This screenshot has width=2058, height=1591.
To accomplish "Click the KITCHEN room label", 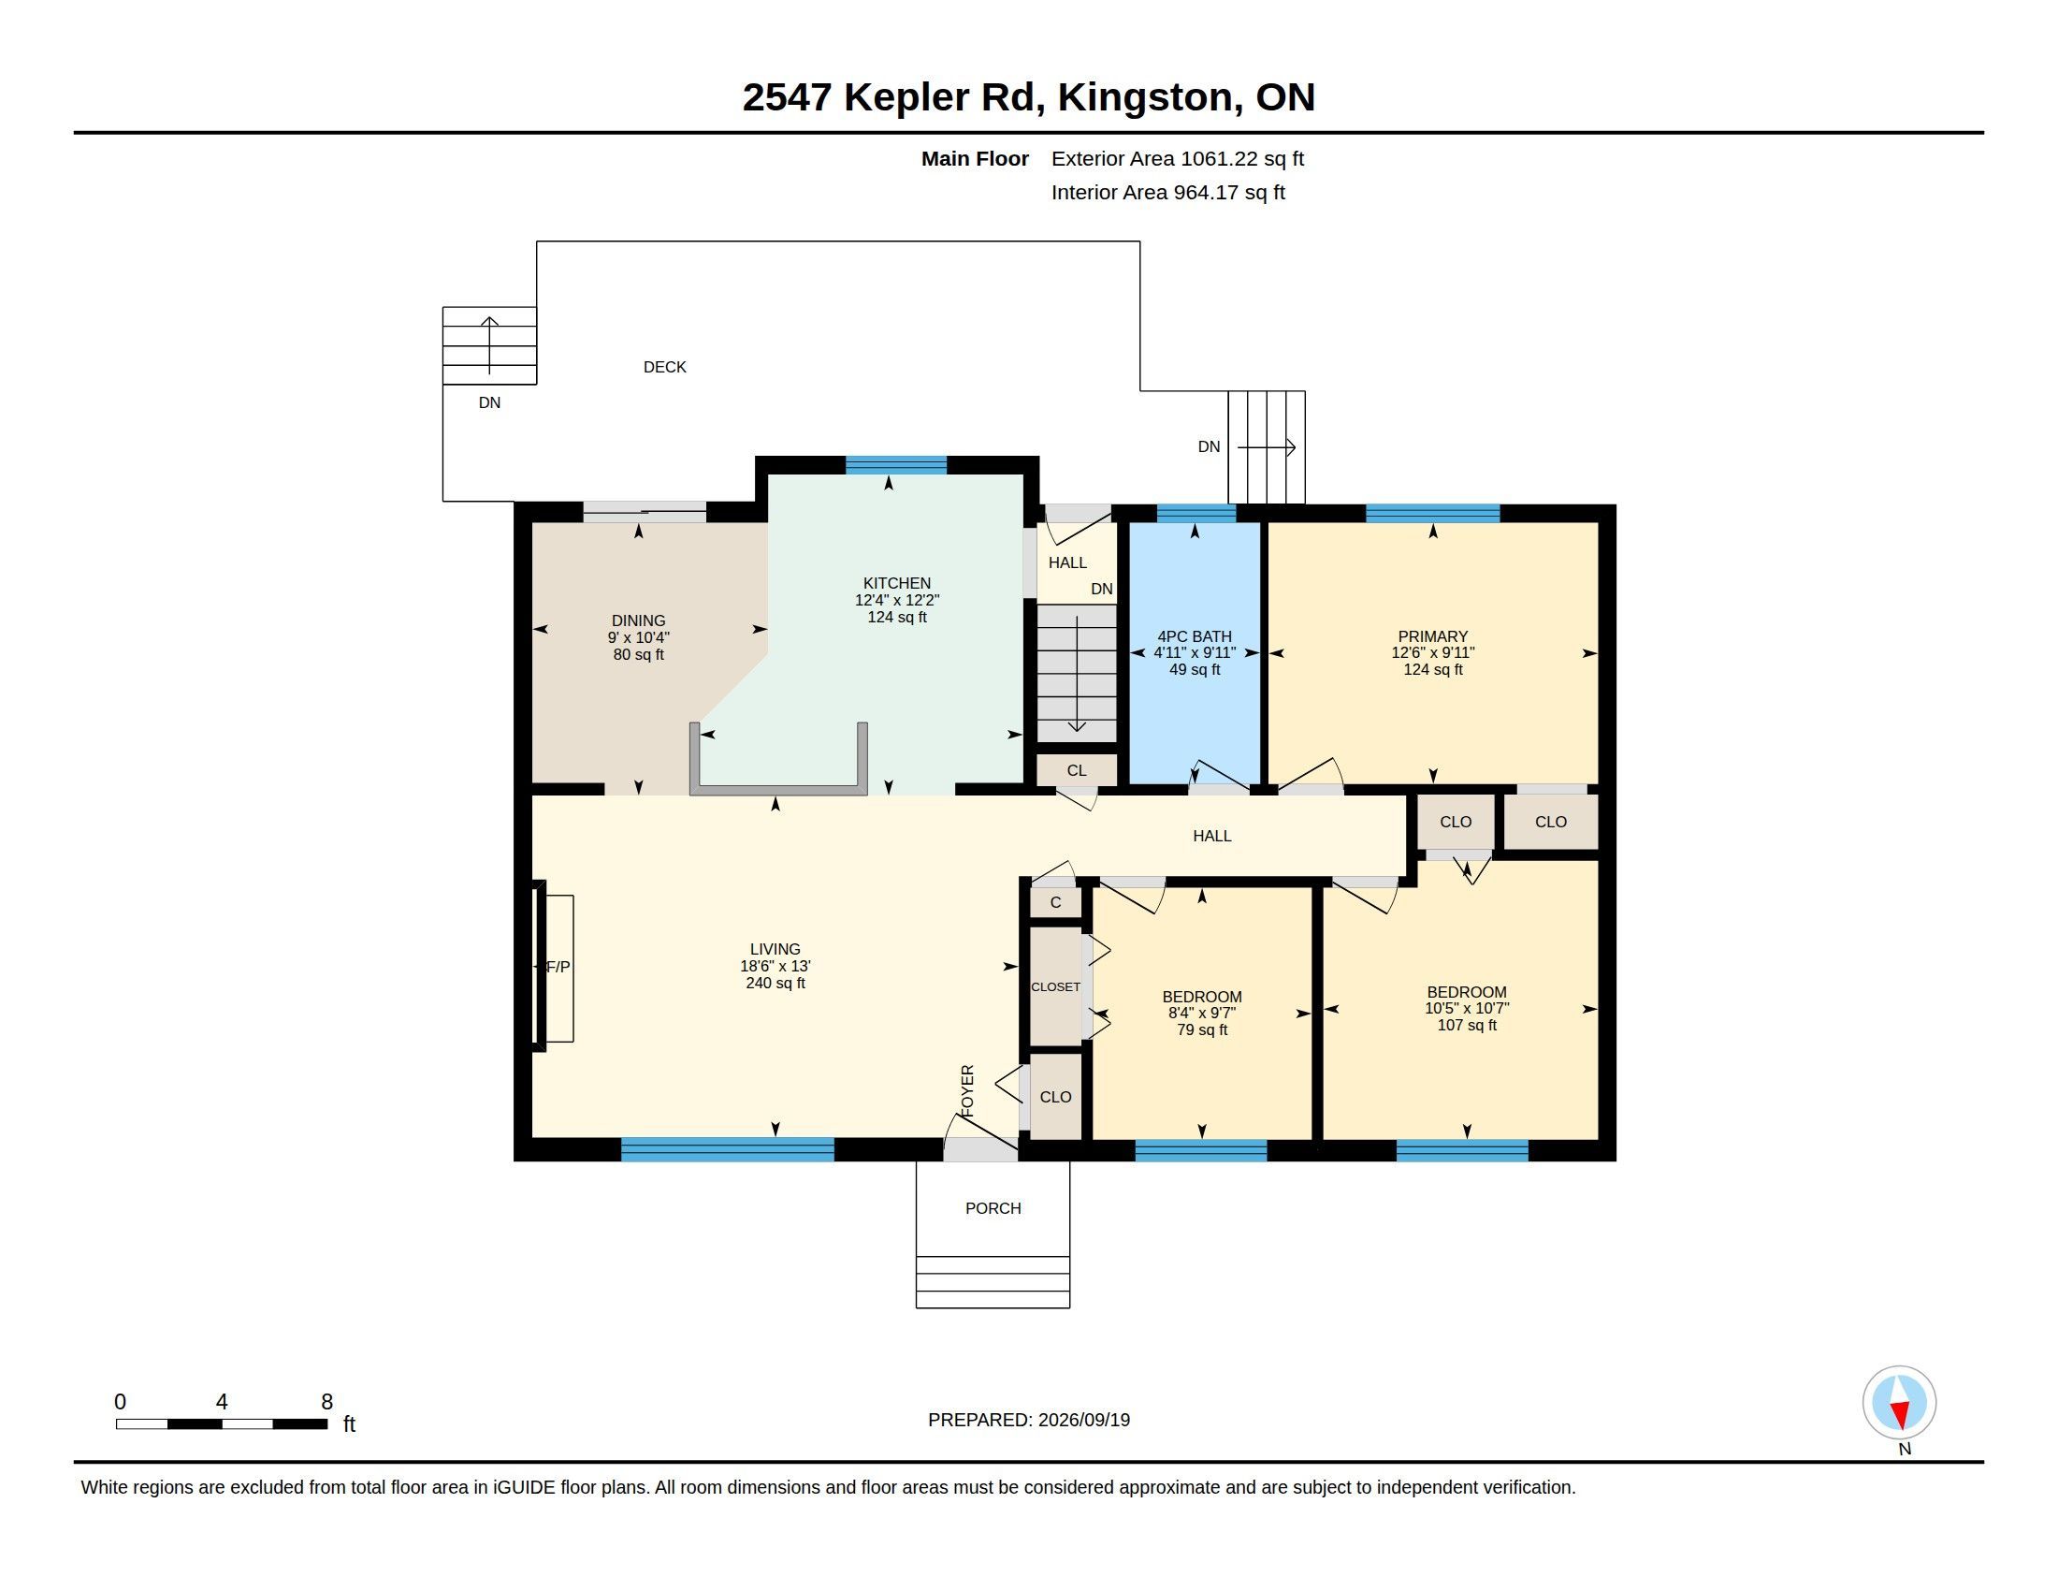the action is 897,583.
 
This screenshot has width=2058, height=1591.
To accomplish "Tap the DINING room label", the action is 638,620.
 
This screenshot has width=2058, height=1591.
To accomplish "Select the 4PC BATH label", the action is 1194,636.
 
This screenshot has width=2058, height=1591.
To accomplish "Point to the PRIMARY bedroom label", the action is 1432,636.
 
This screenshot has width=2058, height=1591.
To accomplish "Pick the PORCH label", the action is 993,1208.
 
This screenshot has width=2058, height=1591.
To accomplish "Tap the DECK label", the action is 664,367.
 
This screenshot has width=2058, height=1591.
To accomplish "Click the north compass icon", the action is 1899,1403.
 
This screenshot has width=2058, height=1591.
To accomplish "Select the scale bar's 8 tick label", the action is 327,1402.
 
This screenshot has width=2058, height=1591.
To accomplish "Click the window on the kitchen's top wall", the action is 896,465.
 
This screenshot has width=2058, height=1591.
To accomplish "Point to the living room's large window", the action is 728,1149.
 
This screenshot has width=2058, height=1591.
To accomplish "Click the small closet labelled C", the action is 1055,902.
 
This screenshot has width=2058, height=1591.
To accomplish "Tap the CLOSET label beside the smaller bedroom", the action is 1055,986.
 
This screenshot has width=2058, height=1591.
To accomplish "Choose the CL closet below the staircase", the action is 1077,770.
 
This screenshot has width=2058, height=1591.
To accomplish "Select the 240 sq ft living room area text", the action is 775,983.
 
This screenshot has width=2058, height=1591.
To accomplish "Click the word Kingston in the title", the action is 1145,97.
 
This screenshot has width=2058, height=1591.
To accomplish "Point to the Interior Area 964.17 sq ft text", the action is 1167,192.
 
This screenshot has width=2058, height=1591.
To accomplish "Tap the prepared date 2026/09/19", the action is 1083,1420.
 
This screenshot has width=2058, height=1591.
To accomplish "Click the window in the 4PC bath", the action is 1196,514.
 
